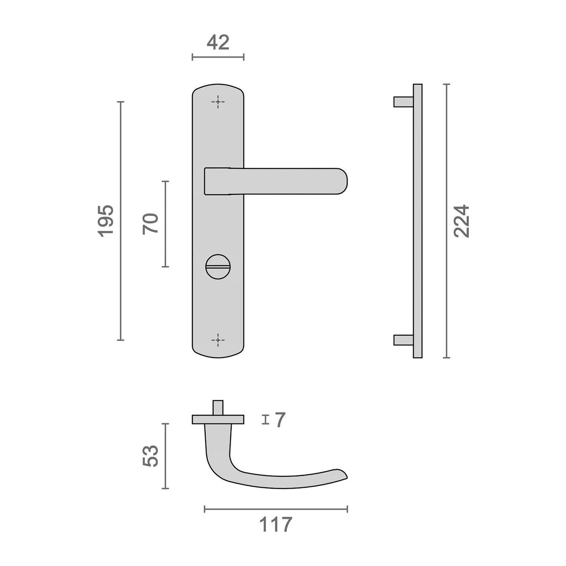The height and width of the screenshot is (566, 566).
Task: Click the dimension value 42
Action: [x=217, y=42]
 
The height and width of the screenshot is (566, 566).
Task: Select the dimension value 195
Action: [x=106, y=221]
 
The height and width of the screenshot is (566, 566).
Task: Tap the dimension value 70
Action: [x=150, y=224]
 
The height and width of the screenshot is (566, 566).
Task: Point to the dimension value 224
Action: [x=461, y=221]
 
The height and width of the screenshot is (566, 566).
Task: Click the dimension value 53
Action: [x=150, y=456]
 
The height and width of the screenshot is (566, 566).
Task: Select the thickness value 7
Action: [x=280, y=420]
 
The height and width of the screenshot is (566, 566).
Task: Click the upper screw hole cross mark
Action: [x=218, y=102]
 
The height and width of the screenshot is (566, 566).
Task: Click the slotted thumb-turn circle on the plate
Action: [x=218, y=266]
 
